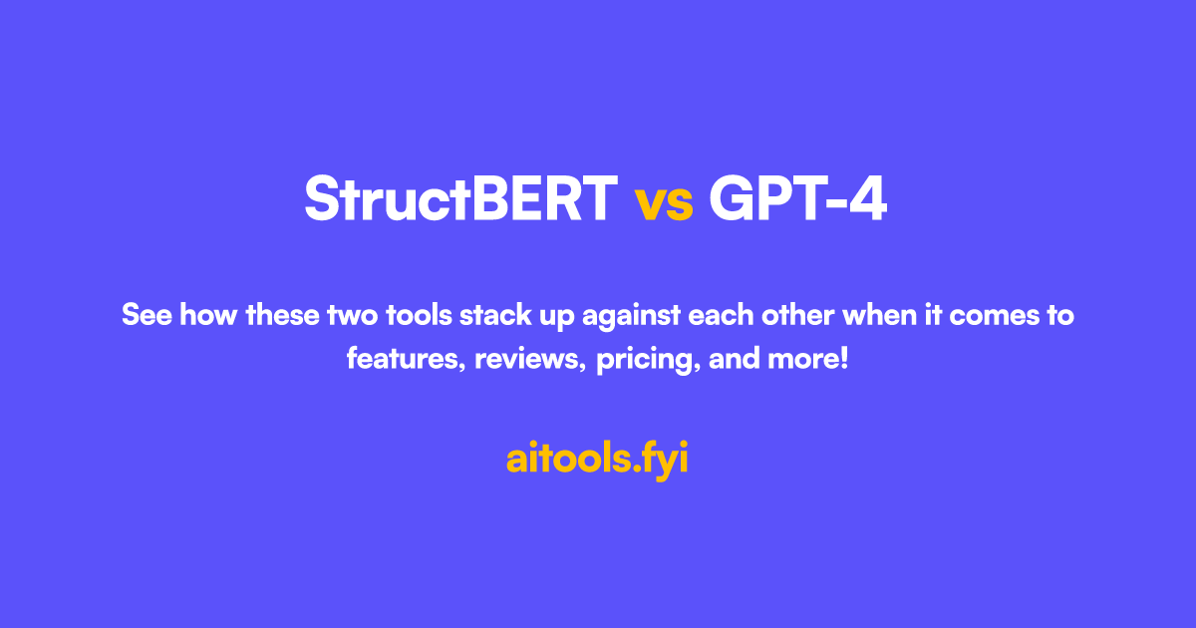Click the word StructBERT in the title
tap(460, 199)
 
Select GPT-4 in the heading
tap(797, 199)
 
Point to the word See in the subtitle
tap(144, 316)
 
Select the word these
tap(283, 316)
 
